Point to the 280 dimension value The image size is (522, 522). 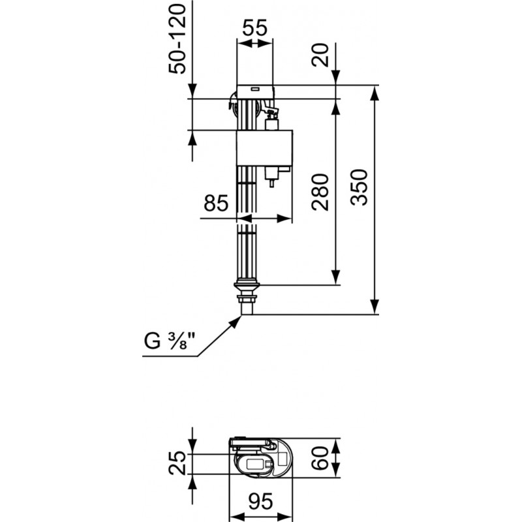(x=320, y=191)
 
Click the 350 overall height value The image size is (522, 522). (x=360, y=187)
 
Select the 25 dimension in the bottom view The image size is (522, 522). (x=178, y=462)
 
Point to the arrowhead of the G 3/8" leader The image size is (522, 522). (x=238, y=318)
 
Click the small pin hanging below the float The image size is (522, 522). (x=271, y=183)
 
